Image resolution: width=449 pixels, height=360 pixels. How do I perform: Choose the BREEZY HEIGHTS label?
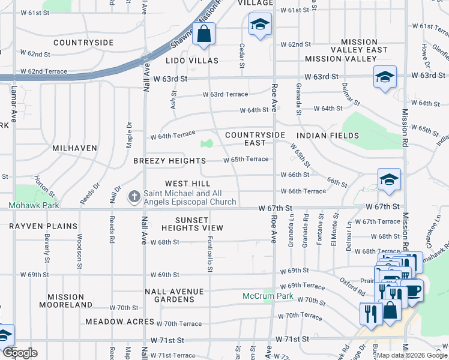click(169, 161)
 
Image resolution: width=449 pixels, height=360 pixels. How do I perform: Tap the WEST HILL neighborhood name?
click(188, 183)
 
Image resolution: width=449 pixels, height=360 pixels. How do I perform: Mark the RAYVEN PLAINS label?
click(43, 226)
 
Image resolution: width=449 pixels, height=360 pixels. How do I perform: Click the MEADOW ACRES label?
click(119, 322)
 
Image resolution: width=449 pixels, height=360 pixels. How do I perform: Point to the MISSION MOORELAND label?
click(66, 301)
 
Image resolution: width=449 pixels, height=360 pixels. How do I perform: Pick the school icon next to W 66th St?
click(389, 179)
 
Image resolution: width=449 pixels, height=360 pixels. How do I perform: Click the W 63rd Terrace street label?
click(224, 94)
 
